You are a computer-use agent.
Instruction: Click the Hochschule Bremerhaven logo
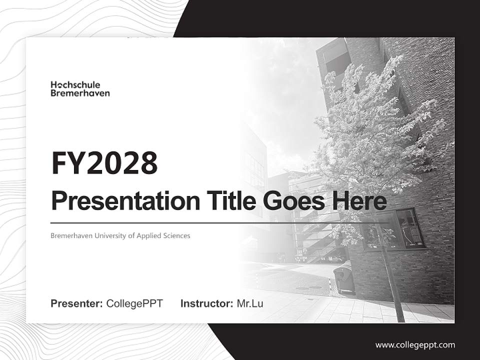pos(80,88)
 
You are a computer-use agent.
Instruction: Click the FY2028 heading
pos(104,163)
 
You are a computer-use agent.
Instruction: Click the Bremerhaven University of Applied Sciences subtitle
pos(120,235)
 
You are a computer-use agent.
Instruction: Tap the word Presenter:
pos(77,303)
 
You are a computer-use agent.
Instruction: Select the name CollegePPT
pos(134,303)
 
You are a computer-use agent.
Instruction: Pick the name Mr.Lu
pos(250,303)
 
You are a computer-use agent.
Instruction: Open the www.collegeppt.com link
pos(415,344)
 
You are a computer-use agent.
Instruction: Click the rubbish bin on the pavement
pos(344,279)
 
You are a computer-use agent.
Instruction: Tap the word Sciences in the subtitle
pos(176,235)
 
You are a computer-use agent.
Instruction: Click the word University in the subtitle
pos(107,235)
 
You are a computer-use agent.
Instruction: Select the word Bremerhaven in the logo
pos(80,93)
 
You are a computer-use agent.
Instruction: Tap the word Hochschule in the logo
pos(75,84)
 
